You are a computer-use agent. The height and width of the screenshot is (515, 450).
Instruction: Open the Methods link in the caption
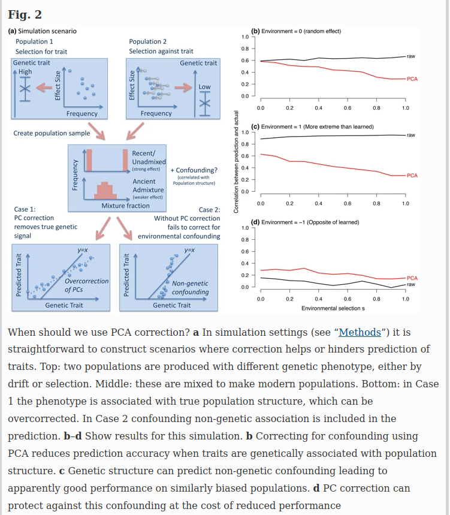pos(360,332)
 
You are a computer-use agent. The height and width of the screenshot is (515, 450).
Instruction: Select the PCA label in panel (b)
pos(412,79)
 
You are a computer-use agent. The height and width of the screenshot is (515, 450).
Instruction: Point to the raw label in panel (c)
pos(411,135)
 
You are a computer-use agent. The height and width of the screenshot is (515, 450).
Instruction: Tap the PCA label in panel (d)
pos(412,278)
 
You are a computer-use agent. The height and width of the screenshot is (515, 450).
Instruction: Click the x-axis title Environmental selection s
pos(333,308)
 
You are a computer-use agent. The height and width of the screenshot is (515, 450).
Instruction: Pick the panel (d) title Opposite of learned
pos(305,222)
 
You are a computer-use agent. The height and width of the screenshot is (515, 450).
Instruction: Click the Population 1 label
pos(34,41)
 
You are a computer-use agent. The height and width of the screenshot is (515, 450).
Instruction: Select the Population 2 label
pos(148,41)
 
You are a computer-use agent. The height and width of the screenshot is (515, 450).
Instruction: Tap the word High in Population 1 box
pos(25,72)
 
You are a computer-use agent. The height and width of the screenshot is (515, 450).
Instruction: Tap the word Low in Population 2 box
pos(204,87)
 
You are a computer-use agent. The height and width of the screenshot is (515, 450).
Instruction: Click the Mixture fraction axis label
pos(125,206)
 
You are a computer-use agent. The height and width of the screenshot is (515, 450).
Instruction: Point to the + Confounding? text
pos(194,170)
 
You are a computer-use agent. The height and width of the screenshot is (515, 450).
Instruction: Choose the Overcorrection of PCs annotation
pos(86,285)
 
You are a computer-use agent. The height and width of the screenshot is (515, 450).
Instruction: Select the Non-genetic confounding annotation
pos(190,287)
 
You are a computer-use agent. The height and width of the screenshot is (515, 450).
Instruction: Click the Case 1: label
pos(24,210)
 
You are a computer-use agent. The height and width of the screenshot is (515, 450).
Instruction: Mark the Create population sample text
pos(52,133)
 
